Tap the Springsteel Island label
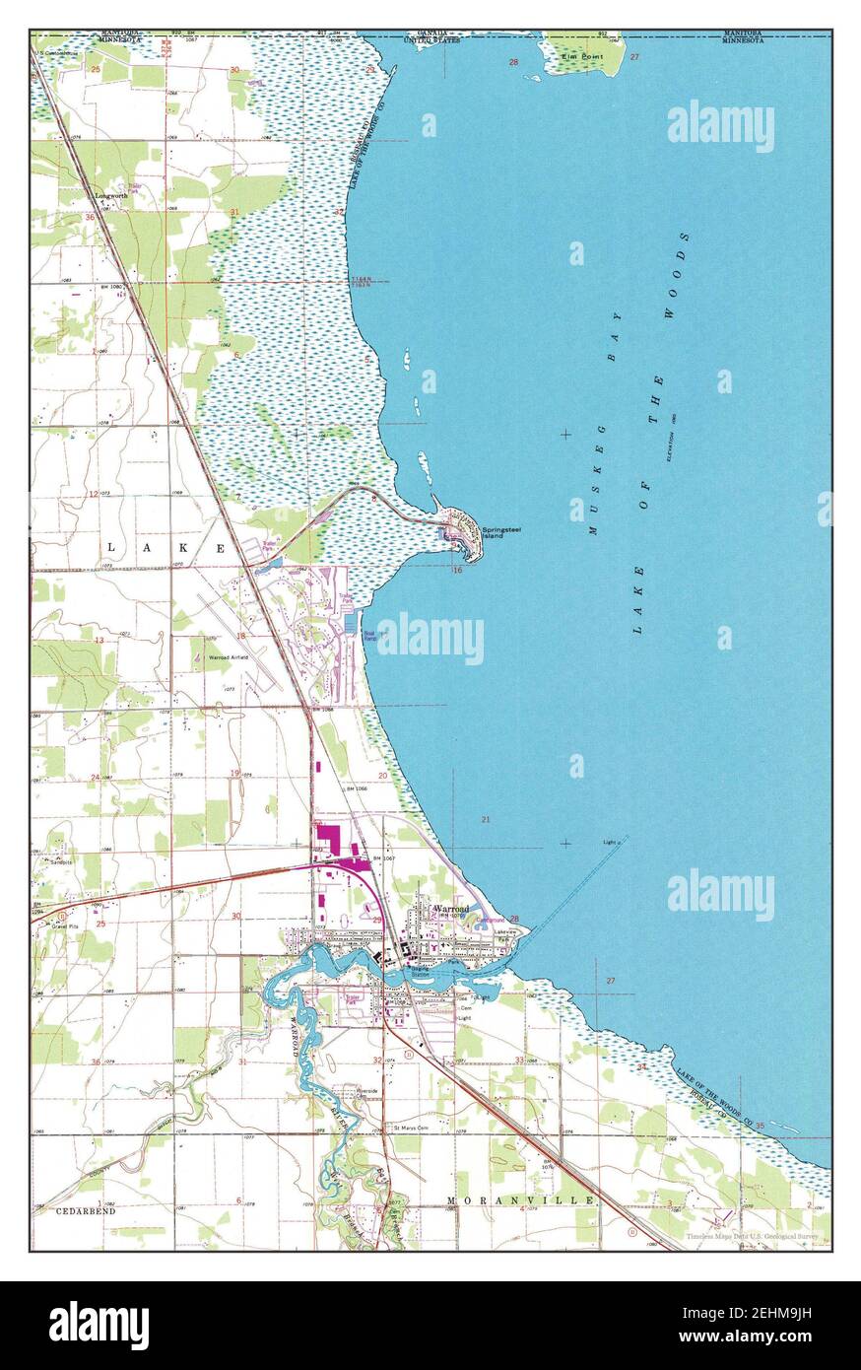[x=495, y=532]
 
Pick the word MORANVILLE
[x=520, y=1199]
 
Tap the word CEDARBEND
[x=86, y=1209]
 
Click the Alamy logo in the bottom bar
[x=99, y=1326]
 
